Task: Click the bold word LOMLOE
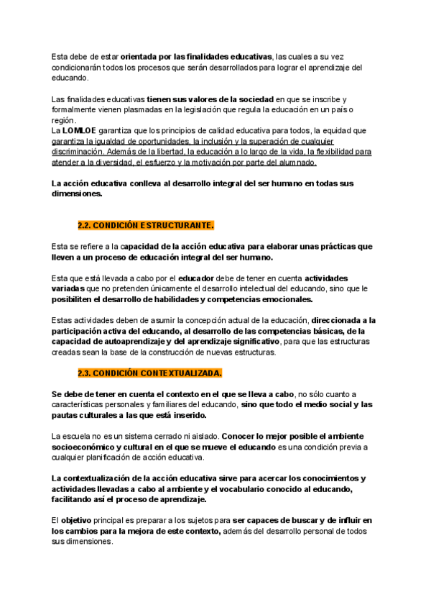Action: click(x=78, y=131)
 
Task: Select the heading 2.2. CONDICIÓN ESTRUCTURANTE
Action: click(x=146, y=225)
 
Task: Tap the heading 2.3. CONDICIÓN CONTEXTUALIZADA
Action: click(x=149, y=373)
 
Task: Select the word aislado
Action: click(x=200, y=437)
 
